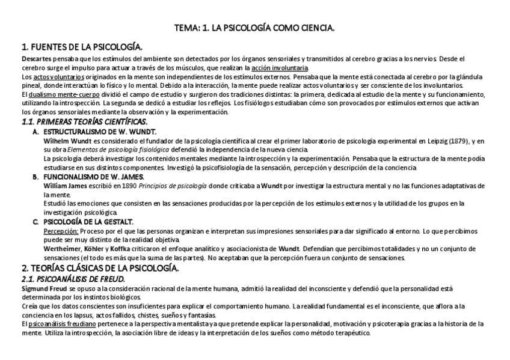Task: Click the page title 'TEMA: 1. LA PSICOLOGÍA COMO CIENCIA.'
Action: (x=254, y=28)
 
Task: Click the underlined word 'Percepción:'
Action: (x=61, y=231)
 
